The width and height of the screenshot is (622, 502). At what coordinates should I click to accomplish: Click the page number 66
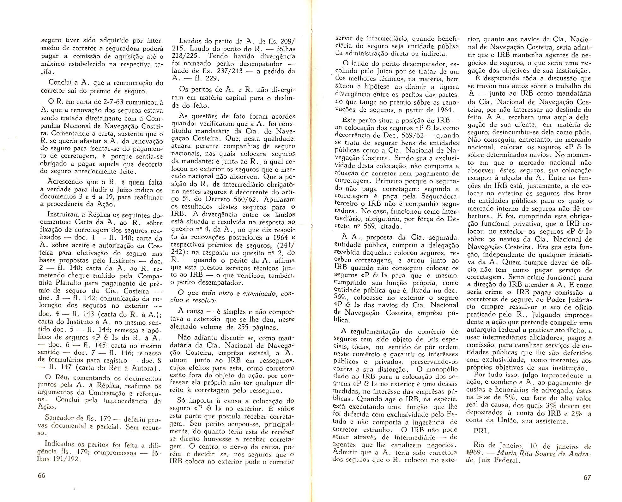click(x=41, y=475)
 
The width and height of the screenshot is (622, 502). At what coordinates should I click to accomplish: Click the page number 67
click(x=587, y=477)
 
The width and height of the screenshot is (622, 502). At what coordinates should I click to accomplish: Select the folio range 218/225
click(x=185, y=56)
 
